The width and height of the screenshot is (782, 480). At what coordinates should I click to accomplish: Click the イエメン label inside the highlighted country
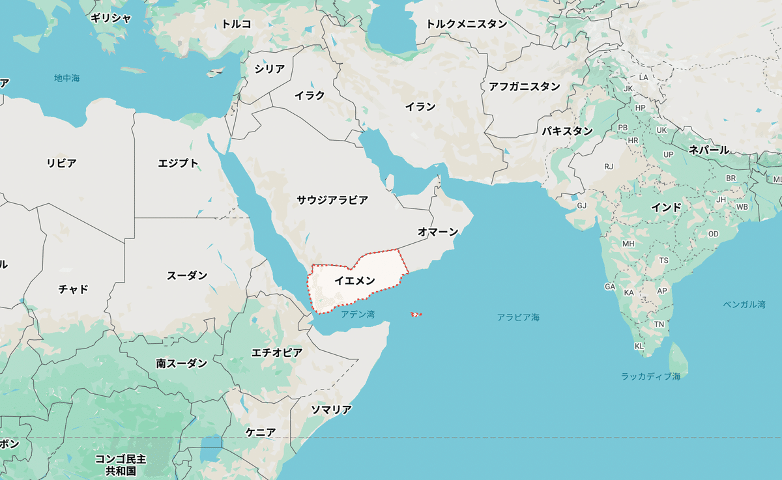(x=355, y=281)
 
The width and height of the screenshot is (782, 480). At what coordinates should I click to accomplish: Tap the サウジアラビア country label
(x=332, y=200)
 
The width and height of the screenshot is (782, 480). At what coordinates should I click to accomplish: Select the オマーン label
(x=438, y=232)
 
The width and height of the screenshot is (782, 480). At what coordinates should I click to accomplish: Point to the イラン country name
(x=420, y=107)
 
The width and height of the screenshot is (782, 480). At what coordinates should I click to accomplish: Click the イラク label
(x=309, y=95)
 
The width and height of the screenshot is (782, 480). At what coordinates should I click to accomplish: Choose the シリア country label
(x=269, y=69)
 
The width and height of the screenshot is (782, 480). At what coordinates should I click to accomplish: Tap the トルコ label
(x=236, y=24)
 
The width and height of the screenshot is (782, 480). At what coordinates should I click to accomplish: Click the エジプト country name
(x=178, y=163)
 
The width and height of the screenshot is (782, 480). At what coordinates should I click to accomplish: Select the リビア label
(x=61, y=163)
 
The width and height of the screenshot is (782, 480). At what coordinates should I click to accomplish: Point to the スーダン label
(x=187, y=275)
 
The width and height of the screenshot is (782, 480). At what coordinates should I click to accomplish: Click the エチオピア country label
(x=277, y=352)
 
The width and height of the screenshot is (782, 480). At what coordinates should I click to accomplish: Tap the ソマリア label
(x=330, y=410)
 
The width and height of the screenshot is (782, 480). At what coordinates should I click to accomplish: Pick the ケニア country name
(x=261, y=432)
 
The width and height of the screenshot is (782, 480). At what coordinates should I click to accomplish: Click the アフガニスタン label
(x=525, y=86)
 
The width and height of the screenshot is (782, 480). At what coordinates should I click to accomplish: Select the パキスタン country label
(x=567, y=131)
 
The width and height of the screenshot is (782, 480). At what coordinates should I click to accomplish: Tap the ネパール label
(x=709, y=150)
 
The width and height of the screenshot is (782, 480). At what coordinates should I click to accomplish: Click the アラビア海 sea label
(x=518, y=317)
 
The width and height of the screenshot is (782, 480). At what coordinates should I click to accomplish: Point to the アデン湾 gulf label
(x=358, y=315)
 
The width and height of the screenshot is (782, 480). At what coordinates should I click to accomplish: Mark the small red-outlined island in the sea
(x=416, y=315)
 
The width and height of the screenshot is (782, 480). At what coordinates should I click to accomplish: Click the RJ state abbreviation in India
(x=609, y=167)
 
